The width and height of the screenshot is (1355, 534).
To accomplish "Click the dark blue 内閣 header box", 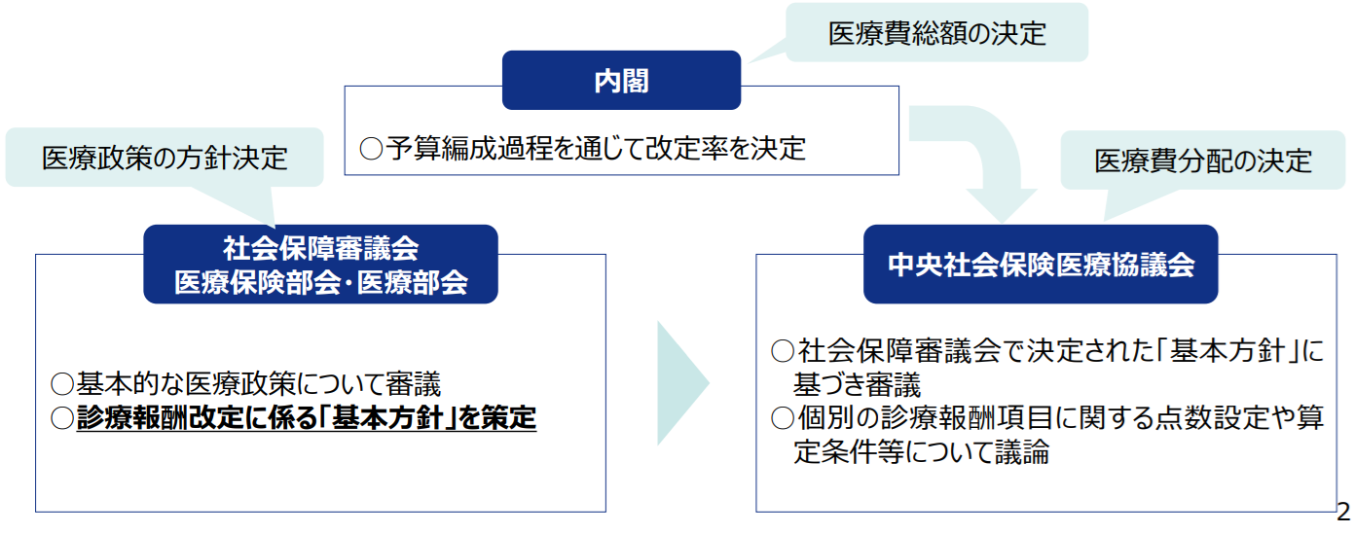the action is coord(621,80).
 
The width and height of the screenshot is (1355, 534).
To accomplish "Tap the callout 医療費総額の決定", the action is coord(936,33).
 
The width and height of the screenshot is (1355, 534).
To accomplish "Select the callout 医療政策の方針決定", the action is coord(165,158).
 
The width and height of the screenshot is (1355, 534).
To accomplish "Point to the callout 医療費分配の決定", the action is coord(1202,160).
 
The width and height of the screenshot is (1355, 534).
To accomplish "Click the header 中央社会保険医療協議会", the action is coord(1041,265).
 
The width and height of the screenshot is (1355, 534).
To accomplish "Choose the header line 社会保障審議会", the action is coord(320,248).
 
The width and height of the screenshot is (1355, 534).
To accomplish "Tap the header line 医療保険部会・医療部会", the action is coord(320,282).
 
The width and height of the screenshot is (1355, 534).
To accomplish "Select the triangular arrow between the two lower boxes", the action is coord(682,383).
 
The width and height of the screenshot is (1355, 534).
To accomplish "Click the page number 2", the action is coord(1343,513).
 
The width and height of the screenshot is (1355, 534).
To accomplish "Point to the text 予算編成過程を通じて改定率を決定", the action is coord(596,148).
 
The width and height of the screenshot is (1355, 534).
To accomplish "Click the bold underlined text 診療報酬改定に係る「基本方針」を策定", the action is coord(306,417).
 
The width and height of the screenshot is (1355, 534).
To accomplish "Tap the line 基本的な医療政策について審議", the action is coord(258,383).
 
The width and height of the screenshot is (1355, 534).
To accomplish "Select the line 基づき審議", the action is coord(858,384).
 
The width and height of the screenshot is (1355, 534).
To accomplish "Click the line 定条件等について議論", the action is coord(921,451).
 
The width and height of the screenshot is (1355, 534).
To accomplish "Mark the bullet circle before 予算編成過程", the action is coord(371,149).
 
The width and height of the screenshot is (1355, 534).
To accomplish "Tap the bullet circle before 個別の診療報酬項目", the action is coord(783,418).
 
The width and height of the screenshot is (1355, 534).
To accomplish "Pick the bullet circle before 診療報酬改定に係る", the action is coord(62,418).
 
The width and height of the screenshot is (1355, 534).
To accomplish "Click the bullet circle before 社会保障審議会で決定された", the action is coord(783,351).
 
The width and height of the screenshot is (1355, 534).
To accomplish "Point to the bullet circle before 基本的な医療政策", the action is coord(62,384).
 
